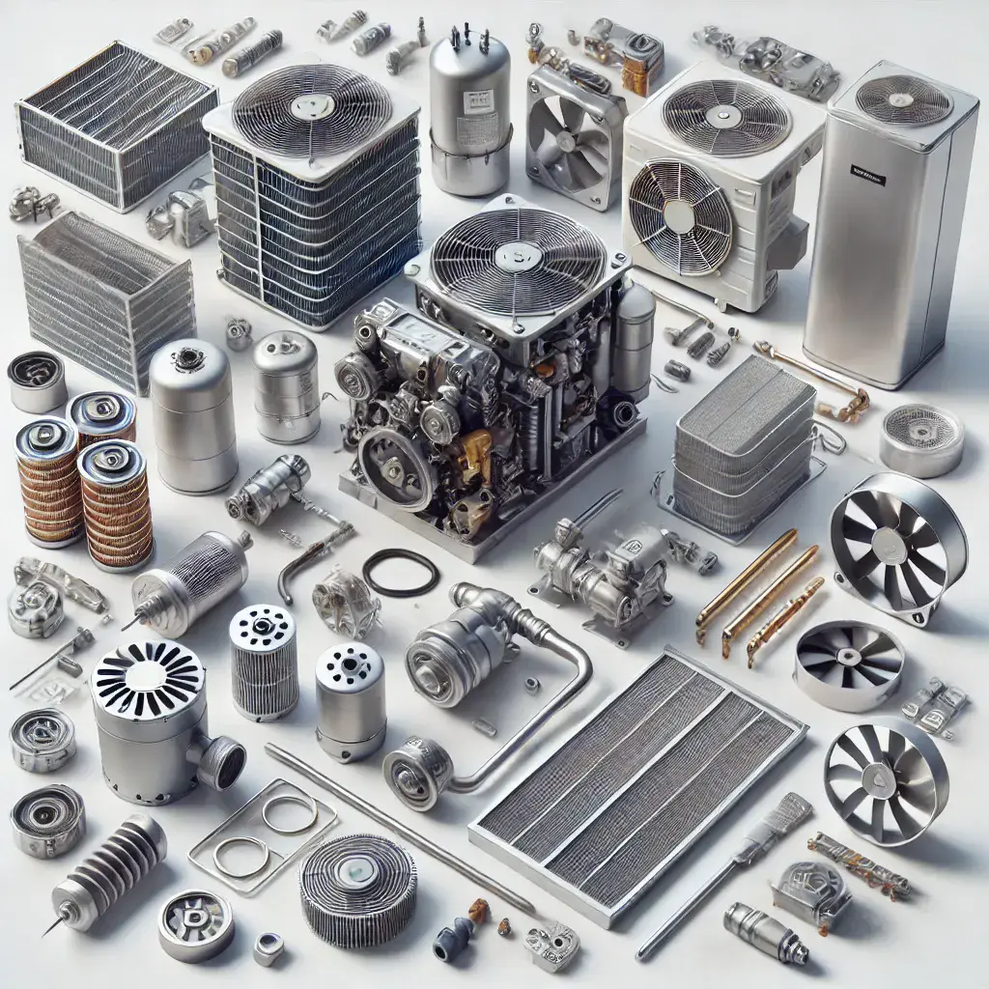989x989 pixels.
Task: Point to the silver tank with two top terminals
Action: (469, 111)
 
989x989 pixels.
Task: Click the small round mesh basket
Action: (920, 438)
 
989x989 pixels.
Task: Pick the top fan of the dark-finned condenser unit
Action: (312, 112)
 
